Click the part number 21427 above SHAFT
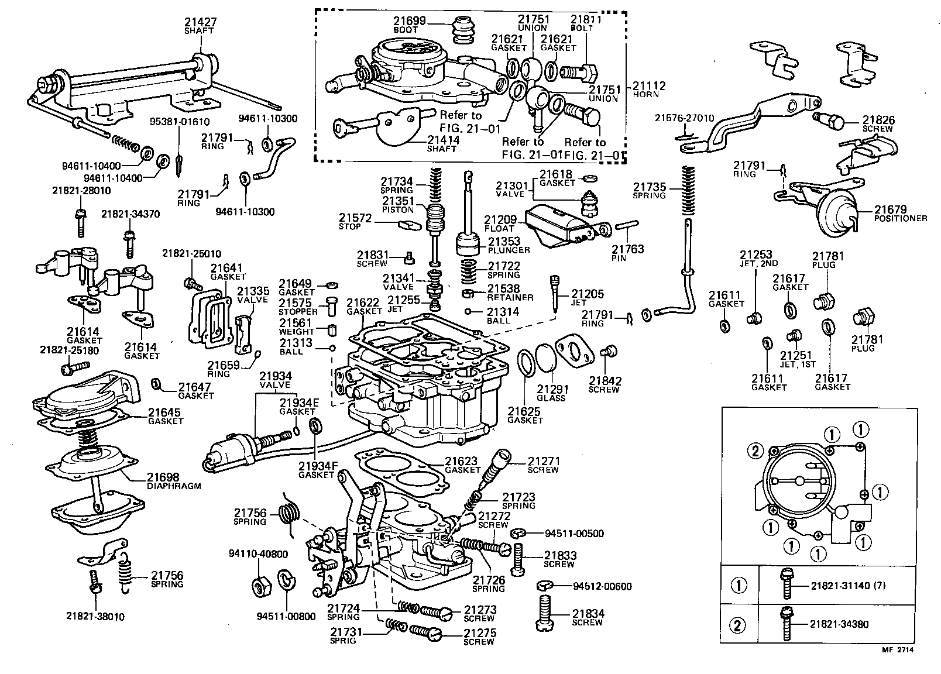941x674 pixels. click(x=200, y=22)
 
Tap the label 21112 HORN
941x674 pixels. click(x=649, y=90)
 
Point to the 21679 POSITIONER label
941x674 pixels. click(x=900, y=214)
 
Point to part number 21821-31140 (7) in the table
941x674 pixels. click(x=844, y=586)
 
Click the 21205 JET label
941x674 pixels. click(x=587, y=298)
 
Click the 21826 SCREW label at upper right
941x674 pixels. click(x=878, y=123)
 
